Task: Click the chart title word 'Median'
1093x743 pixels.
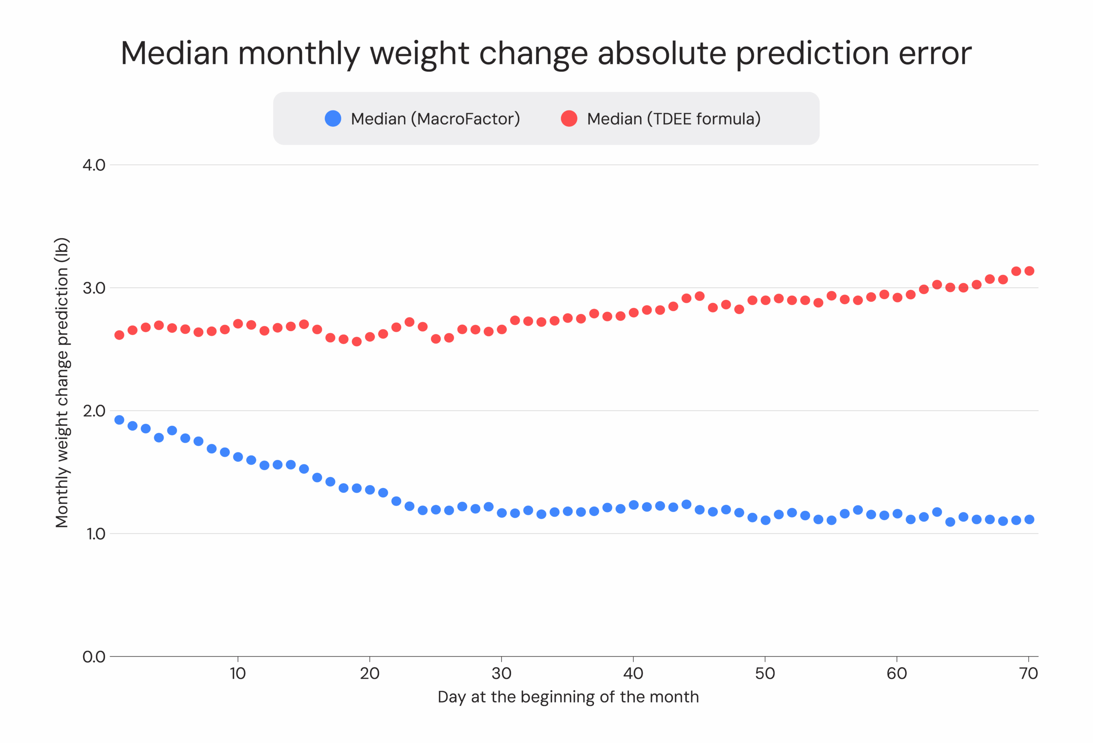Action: point(175,52)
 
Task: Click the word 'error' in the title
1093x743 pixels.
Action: point(935,52)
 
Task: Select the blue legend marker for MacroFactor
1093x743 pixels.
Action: point(333,119)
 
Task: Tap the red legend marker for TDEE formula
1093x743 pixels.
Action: point(569,119)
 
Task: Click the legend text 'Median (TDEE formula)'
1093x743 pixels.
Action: point(673,119)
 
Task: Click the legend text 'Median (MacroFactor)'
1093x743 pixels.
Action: point(435,119)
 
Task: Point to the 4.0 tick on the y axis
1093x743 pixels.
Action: point(94,165)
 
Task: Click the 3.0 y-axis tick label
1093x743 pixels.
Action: point(94,288)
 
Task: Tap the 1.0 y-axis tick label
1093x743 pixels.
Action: point(96,534)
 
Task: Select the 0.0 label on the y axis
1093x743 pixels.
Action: point(94,656)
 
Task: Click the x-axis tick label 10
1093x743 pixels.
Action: point(238,673)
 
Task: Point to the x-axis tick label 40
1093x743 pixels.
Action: point(633,673)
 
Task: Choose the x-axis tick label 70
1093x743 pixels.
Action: point(1029,673)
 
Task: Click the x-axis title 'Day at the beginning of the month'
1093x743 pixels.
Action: point(568,696)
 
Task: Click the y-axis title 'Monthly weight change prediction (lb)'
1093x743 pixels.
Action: point(62,382)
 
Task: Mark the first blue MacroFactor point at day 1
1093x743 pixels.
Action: point(120,420)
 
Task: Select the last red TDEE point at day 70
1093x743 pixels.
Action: point(1029,271)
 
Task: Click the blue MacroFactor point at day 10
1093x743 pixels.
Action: point(238,457)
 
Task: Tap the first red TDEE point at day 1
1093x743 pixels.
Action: point(120,335)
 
